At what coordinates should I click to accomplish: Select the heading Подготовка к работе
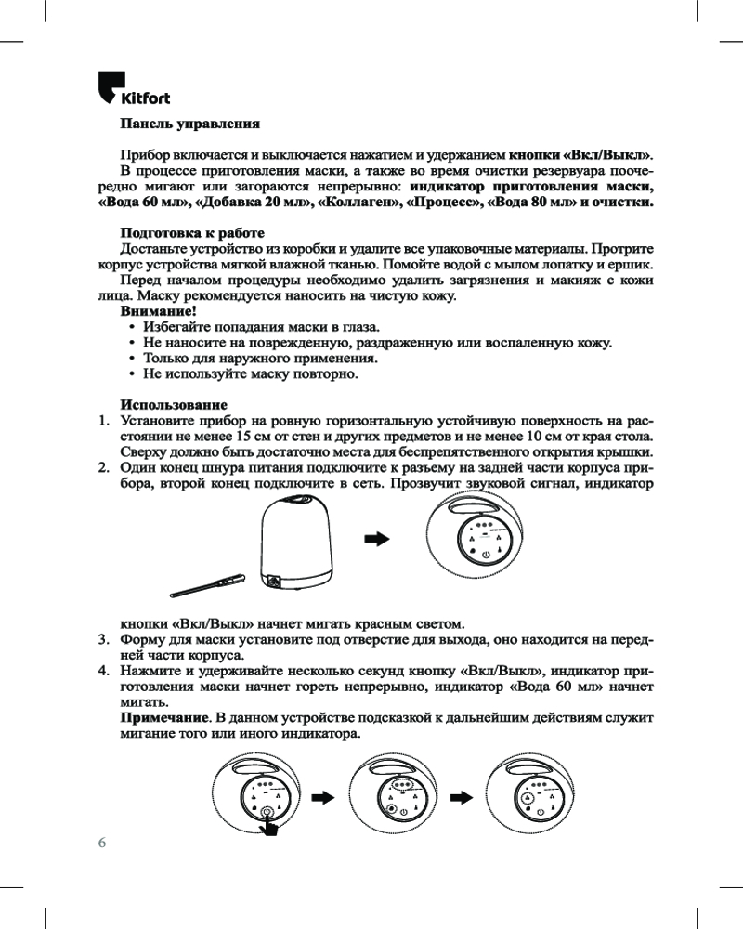coord(192,232)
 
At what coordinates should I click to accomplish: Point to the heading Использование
coord(175,405)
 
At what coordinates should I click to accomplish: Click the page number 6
coord(102,843)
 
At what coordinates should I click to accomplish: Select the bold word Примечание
coord(164,718)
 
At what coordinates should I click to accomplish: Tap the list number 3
coord(105,640)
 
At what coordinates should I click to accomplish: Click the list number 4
coord(105,672)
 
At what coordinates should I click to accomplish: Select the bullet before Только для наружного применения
coord(134,359)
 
